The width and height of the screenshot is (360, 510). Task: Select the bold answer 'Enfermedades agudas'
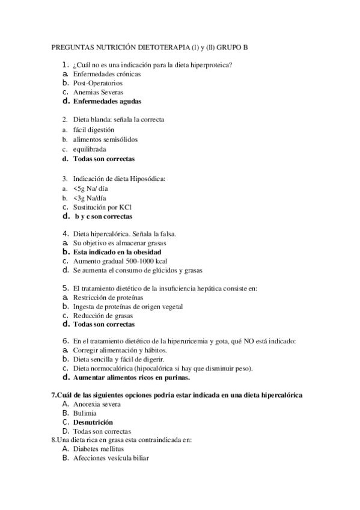(x=107, y=102)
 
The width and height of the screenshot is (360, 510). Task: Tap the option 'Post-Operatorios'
(x=97, y=83)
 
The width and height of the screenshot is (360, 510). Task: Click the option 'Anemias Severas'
(x=98, y=93)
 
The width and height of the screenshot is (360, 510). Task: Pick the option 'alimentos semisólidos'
(x=105, y=140)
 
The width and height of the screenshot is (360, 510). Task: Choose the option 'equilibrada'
(x=91, y=149)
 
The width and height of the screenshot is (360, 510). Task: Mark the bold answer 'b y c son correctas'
(x=103, y=217)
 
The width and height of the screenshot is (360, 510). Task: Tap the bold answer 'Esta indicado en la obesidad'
(x=117, y=252)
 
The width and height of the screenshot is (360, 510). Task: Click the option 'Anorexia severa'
(x=96, y=404)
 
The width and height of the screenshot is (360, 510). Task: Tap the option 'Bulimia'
(x=84, y=413)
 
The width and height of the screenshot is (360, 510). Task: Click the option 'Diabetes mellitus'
(x=98, y=449)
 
